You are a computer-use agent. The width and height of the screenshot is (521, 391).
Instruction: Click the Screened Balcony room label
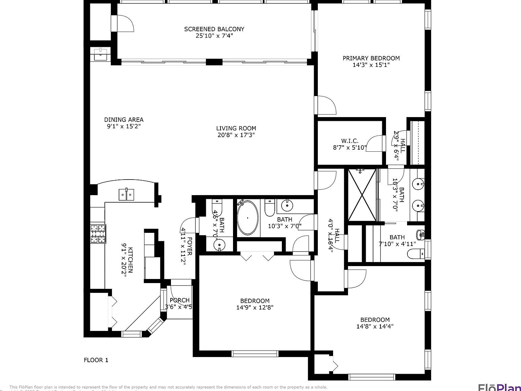pyautogui.click(x=214, y=29)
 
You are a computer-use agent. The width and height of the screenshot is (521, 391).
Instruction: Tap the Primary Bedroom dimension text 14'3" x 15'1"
pyautogui.click(x=371, y=65)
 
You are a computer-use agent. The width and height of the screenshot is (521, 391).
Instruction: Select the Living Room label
pyautogui.click(x=236, y=128)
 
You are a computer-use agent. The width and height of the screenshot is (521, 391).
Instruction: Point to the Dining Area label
pyautogui.click(x=123, y=119)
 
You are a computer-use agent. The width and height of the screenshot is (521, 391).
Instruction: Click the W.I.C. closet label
pyautogui.click(x=349, y=141)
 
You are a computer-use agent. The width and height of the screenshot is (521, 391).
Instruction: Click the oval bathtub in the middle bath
pyautogui.click(x=247, y=218)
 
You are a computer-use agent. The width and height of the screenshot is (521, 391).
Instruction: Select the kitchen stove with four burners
pyautogui.click(x=98, y=234)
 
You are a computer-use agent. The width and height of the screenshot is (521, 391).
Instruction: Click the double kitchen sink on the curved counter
pyautogui.click(x=126, y=194)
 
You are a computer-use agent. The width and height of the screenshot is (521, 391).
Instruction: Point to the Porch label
pyautogui.click(x=179, y=300)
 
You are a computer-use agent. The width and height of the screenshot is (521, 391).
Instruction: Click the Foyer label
pyautogui.click(x=190, y=246)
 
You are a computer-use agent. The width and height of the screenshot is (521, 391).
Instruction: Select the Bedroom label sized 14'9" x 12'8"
pyautogui.click(x=255, y=301)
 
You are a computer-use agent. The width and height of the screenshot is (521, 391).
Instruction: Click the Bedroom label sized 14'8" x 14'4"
pyautogui.click(x=375, y=320)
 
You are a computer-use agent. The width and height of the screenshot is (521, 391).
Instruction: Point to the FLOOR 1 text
pyautogui.click(x=96, y=360)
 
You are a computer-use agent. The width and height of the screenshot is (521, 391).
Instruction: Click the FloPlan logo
pyautogui.click(x=499, y=387)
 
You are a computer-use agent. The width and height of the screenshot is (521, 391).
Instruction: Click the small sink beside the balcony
pyautogui.click(x=100, y=54)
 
